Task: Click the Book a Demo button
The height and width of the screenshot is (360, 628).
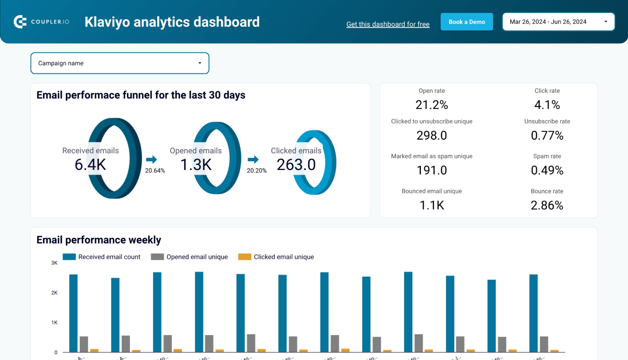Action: [466, 22]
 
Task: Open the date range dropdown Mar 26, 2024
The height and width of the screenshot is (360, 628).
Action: [558, 22]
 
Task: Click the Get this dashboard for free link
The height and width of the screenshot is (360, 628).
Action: [388, 24]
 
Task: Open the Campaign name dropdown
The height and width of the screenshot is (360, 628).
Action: [120, 63]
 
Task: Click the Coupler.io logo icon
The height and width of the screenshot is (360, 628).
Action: [20, 22]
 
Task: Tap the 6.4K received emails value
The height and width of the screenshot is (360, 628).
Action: [90, 164]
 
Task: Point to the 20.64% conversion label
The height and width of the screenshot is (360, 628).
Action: [155, 171]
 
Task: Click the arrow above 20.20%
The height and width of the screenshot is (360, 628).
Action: [253, 160]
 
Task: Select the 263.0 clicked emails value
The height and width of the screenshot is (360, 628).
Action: [296, 164]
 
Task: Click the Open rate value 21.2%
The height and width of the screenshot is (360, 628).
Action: [431, 105]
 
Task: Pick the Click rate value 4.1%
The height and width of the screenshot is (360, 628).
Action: [547, 105]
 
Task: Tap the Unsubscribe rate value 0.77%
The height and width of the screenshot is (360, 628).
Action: [547, 135]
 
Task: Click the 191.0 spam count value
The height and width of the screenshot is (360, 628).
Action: [431, 170]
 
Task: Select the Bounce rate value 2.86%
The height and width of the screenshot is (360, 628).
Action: [547, 205]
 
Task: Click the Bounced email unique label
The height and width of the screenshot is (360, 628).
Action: [431, 191]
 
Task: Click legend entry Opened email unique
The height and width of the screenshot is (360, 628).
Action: [197, 257]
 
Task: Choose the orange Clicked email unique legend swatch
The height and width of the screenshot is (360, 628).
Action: [244, 257]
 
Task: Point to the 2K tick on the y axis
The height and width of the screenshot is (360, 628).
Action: [54, 293]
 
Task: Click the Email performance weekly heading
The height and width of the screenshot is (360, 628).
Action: [99, 240]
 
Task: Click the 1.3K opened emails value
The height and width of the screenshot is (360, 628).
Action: [196, 164]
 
